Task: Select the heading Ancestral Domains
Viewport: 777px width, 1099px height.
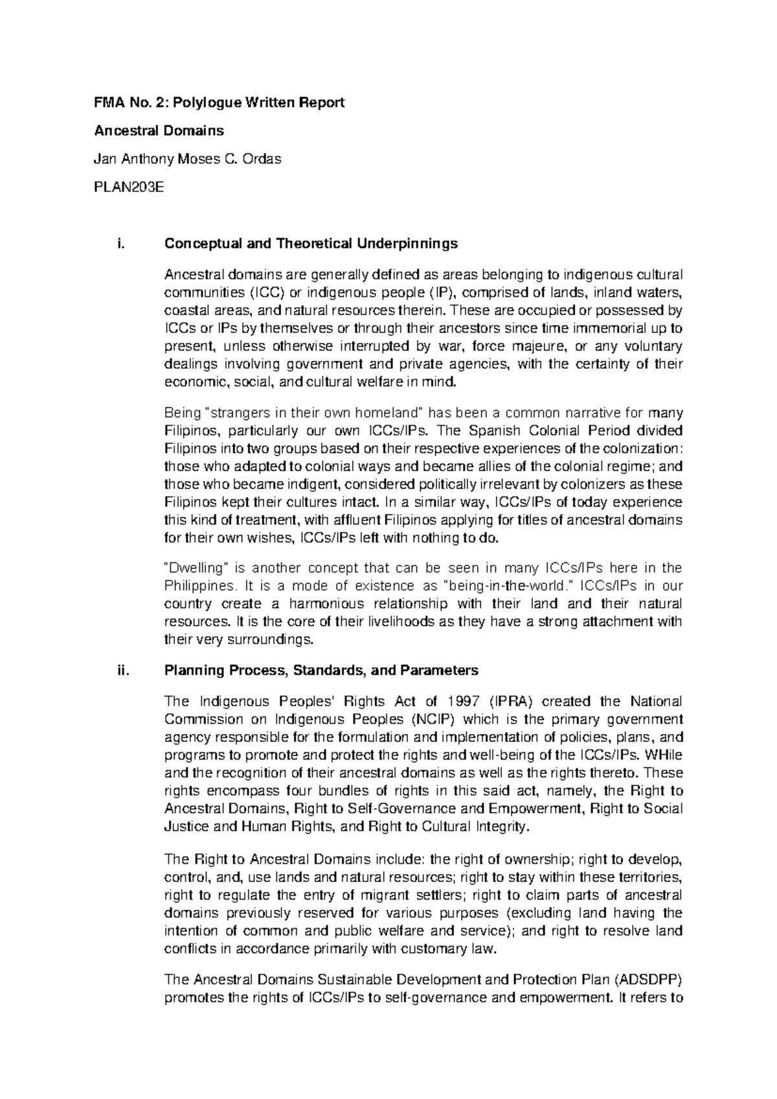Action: pyautogui.click(x=159, y=130)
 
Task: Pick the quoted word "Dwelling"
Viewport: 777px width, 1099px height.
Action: pyautogui.click(x=195, y=569)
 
